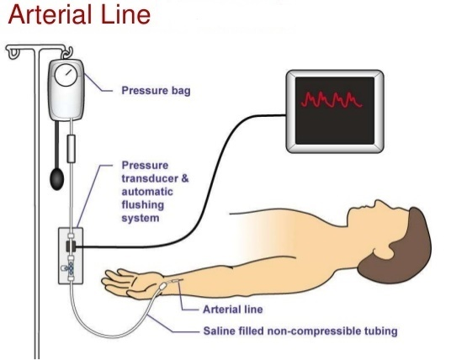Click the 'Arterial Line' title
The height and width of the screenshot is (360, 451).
click(x=79, y=14)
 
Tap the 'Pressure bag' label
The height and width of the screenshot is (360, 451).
click(x=156, y=91)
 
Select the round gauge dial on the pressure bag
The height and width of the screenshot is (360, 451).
click(x=66, y=75)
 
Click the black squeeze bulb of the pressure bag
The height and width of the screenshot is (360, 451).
click(x=57, y=179)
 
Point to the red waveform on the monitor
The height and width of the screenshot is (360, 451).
click(x=332, y=100)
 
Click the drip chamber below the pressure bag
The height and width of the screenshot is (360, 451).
click(x=71, y=149)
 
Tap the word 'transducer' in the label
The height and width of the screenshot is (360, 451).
click(x=150, y=178)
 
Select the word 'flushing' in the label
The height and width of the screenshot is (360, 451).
click(x=143, y=205)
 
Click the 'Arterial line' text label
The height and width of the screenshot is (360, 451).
click(x=233, y=310)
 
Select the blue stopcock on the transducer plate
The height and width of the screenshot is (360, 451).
click(x=71, y=267)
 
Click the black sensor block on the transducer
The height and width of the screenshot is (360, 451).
click(x=71, y=246)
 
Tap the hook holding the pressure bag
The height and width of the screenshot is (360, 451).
click(x=68, y=53)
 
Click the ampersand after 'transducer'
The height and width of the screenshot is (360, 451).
click(x=185, y=178)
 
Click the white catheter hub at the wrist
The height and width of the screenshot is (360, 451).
click(x=162, y=286)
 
